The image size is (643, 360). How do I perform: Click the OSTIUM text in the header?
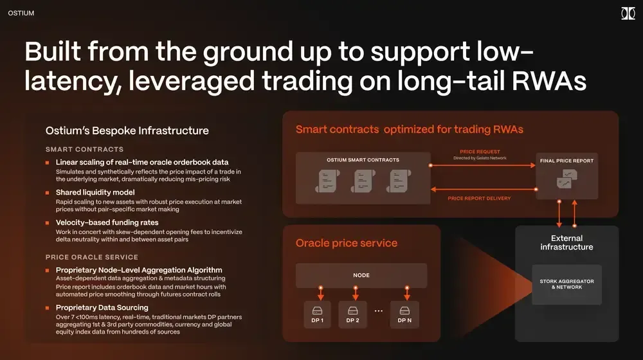[x=21, y=13]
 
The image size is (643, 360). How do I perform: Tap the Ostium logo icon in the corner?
[x=628, y=14]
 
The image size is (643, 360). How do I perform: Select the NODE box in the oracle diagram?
[x=361, y=275]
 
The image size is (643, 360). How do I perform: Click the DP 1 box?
[x=317, y=315]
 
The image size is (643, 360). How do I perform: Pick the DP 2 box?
[x=352, y=315]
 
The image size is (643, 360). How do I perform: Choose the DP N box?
[x=404, y=315]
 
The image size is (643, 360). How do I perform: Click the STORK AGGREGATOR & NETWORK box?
[x=566, y=284]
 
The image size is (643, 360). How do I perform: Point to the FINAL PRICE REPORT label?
[x=566, y=160]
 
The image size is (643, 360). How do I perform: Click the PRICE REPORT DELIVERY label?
[x=479, y=198]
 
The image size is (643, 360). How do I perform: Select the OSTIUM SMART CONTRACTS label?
[x=363, y=159]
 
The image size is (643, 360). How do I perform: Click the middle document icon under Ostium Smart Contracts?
[x=363, y=181]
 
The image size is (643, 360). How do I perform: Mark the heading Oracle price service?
[x=346, y=243]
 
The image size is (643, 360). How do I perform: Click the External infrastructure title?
[x=566, y=242]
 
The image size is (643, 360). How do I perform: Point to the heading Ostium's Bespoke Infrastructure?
[x=127, y=130]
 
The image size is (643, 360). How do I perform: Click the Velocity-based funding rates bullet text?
[x=107, y=222]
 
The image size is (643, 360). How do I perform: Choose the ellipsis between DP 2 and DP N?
[x=378, y=311]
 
